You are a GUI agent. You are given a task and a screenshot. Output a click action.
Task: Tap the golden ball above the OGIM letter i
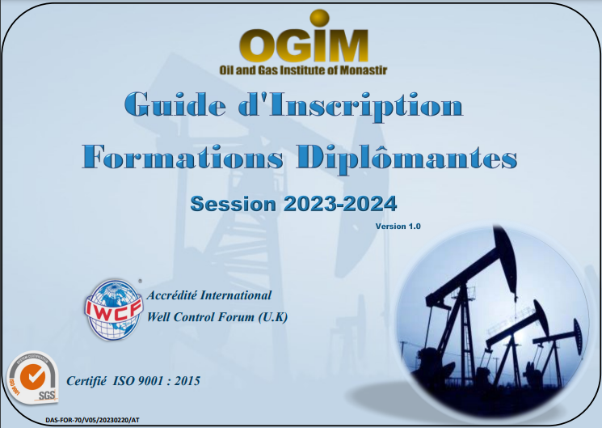point(319,18)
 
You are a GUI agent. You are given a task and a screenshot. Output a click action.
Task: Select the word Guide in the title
point(175,104)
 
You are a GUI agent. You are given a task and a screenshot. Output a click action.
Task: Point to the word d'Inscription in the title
point(351,107)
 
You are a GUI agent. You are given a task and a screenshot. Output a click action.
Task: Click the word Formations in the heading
point(183,156)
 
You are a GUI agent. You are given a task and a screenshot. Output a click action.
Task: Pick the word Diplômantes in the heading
point(406,159)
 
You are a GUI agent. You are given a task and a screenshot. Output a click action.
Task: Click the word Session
point(233,204)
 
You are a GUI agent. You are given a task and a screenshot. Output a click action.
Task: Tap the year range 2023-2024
point(340,204)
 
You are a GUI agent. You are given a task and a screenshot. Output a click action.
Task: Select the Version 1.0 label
point(398,226)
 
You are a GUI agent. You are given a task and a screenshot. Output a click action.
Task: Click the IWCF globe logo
point(113,310)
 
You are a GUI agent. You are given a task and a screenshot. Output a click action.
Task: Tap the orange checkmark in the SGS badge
point(32,375)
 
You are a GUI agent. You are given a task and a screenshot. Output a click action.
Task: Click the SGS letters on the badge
point(47,395)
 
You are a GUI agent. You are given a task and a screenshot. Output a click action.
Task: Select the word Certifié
point(86,381)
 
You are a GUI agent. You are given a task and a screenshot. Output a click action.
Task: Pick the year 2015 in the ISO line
point(187,381)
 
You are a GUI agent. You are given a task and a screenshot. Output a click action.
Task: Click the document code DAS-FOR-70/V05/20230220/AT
point(92,420)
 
